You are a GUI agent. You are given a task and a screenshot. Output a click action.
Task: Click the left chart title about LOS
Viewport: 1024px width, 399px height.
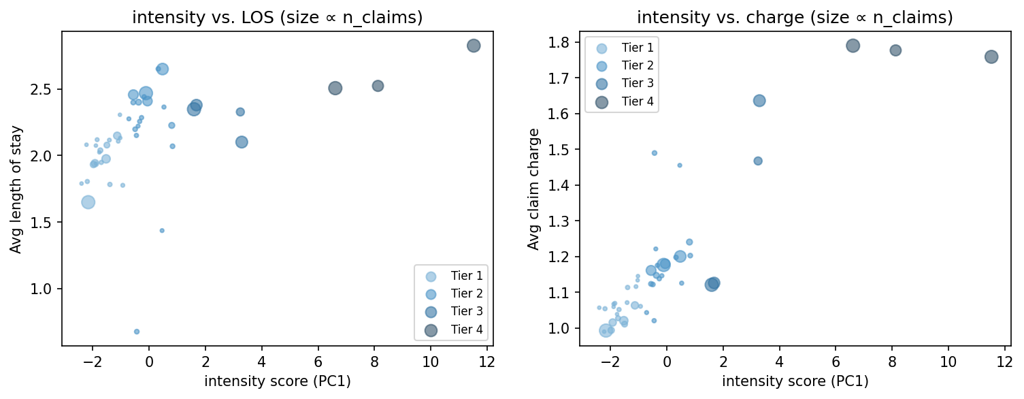coord(277,18)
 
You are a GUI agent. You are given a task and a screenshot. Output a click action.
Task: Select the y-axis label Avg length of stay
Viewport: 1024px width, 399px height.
coord(16,189)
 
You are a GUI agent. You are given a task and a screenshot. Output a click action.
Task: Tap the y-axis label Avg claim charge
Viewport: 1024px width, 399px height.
coord(534,189)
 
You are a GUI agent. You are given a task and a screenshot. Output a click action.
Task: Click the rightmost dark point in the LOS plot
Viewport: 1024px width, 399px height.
coord(474,46)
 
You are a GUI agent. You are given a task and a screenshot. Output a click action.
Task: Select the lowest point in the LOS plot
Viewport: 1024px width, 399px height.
coord(137,332)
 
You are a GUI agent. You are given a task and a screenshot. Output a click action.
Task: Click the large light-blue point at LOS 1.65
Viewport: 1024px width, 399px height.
coord(88,202)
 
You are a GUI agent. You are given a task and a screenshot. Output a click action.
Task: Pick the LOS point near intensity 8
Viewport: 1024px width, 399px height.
coord(378,86)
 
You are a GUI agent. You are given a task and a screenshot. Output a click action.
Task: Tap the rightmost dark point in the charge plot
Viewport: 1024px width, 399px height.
coord(991,57)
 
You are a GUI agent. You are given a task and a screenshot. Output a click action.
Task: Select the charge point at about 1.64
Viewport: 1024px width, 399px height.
coord(759,101)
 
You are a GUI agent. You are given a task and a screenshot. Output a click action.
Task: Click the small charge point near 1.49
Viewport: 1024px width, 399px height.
coord(654,153)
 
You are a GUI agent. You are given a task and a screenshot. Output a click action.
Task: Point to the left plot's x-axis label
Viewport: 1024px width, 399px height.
coord(277,381)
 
